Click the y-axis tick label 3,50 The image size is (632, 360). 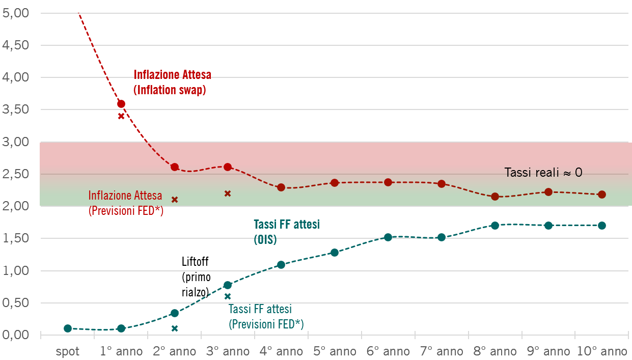pyautogui.click(x=16, y=109)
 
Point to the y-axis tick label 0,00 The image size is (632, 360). pyautogui.click(x=16, y=335)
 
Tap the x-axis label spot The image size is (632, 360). pyautogui.click(x=68, y=351)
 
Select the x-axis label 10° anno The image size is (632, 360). pyautogui.click(x=602, y=351)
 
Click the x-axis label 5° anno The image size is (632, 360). pyautogui.click(x=335, y=351)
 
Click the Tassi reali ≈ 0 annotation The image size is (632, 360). pyautogui.click(x=543, y=173)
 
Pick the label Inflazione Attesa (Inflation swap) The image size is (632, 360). pyautogui.click(x=172, y=82)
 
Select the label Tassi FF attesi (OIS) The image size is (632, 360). pyautogui.click(x=286, y=232)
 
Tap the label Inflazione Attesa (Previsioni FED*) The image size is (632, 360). pyautogui.click(x=126, y=203)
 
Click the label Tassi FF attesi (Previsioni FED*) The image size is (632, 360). pyautogui.click(x=266, y=316)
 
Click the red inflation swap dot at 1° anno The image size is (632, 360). pyautogui.click(x=121, y=104)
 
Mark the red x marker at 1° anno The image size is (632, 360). pyautogui.click(x=121, y=116)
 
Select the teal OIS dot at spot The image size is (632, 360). pyautogui.click(x=68, y=328)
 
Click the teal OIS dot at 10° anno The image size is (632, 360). pyautogui.click(x=602, y=226)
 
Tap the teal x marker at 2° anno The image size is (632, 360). pyautogui.click(x=175, y=328)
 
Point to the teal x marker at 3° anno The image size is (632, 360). pyautogui.click(x=228, y=296)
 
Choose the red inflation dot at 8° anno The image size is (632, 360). pyautogui.click(x=495, y=196)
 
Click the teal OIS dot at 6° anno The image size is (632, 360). pyautogui.click(x=388, y=237)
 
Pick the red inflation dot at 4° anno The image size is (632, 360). pyautogui.click(x=281, y=187)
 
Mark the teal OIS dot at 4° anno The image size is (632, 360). pyautogui.click(x=281, y=265)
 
